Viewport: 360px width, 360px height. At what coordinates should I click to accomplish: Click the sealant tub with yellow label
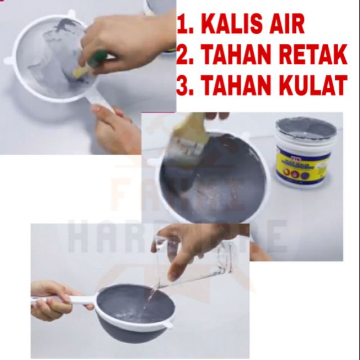305,155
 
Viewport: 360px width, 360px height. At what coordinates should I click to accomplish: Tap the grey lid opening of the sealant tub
306,128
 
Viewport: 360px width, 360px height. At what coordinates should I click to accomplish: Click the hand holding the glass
186,247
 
